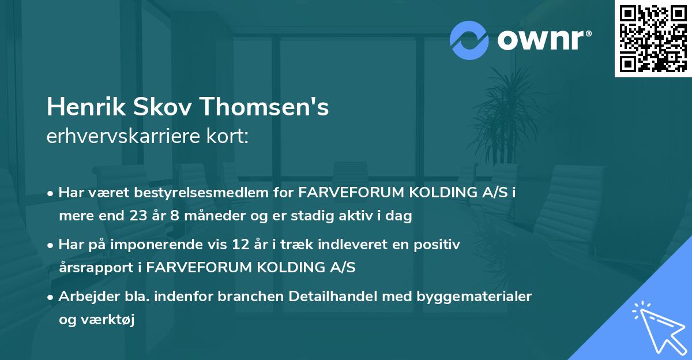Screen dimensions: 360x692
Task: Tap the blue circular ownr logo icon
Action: coord(469,40)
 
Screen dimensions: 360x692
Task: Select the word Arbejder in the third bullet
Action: coord(84,297)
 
